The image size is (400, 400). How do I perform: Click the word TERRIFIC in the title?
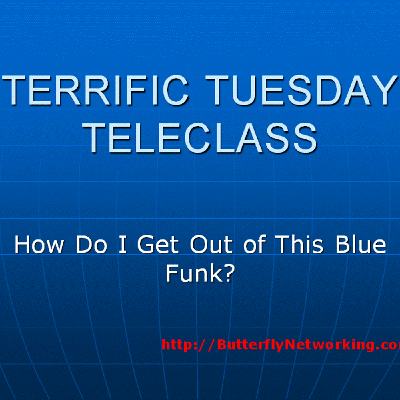click(96, 90)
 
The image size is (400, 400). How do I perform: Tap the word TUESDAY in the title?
click(301, 90)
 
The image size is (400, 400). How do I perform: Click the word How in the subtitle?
click(39, 245)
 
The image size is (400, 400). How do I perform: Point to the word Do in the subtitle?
click(91, 245)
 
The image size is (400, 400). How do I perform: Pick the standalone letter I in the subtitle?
click(123, 245)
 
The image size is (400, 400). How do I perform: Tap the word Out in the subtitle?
click(211, 245)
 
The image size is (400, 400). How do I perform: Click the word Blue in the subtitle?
click(361, 245)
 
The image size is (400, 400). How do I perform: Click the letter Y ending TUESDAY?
click(383, 90)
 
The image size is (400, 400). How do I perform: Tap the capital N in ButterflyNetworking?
click(291, 345)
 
